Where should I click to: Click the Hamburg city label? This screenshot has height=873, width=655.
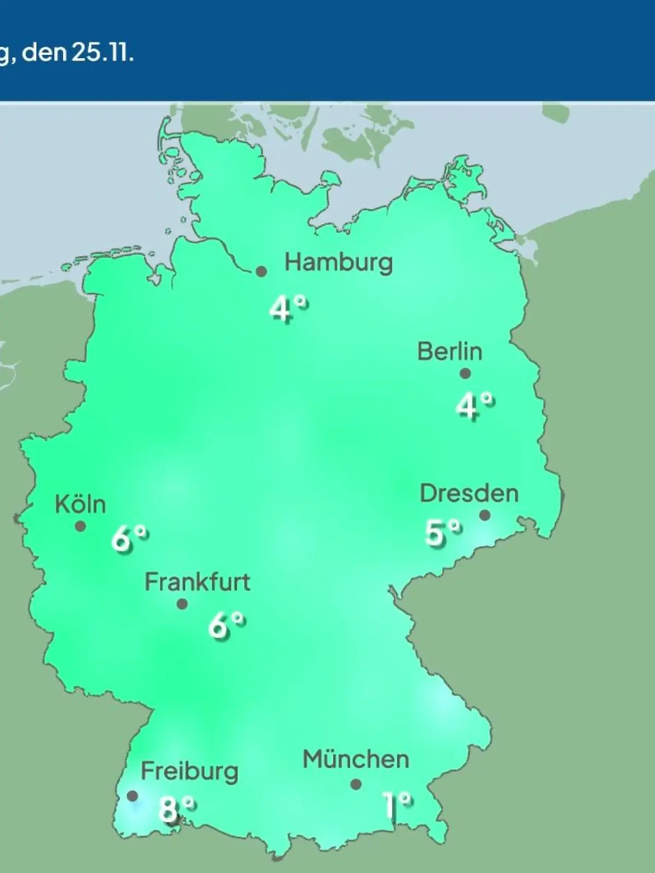click(338, 263)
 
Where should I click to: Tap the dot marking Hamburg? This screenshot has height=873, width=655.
click(261, 271)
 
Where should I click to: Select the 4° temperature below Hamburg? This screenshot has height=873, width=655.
click(288, 309)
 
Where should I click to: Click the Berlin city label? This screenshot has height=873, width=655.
click(450, 351)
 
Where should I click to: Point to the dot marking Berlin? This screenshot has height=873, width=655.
click(465, 374)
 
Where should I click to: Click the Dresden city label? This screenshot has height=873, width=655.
click(469, 494)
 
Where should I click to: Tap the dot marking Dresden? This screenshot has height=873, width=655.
click(484, 515)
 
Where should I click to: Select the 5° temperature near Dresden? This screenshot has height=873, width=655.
click(443, 532)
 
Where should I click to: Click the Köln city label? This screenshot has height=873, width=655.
click(80, 505)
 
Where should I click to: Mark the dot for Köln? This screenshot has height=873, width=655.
click(80, 527)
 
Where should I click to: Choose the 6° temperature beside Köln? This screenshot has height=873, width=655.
click(130, 539)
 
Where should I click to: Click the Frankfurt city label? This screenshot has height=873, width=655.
click(197, 582)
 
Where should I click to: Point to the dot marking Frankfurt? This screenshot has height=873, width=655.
click(182, 604)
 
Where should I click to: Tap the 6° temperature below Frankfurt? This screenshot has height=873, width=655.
click(226, 625)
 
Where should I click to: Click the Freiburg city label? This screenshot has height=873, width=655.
click(189, 772)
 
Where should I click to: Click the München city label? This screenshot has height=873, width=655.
click(356, 760)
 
